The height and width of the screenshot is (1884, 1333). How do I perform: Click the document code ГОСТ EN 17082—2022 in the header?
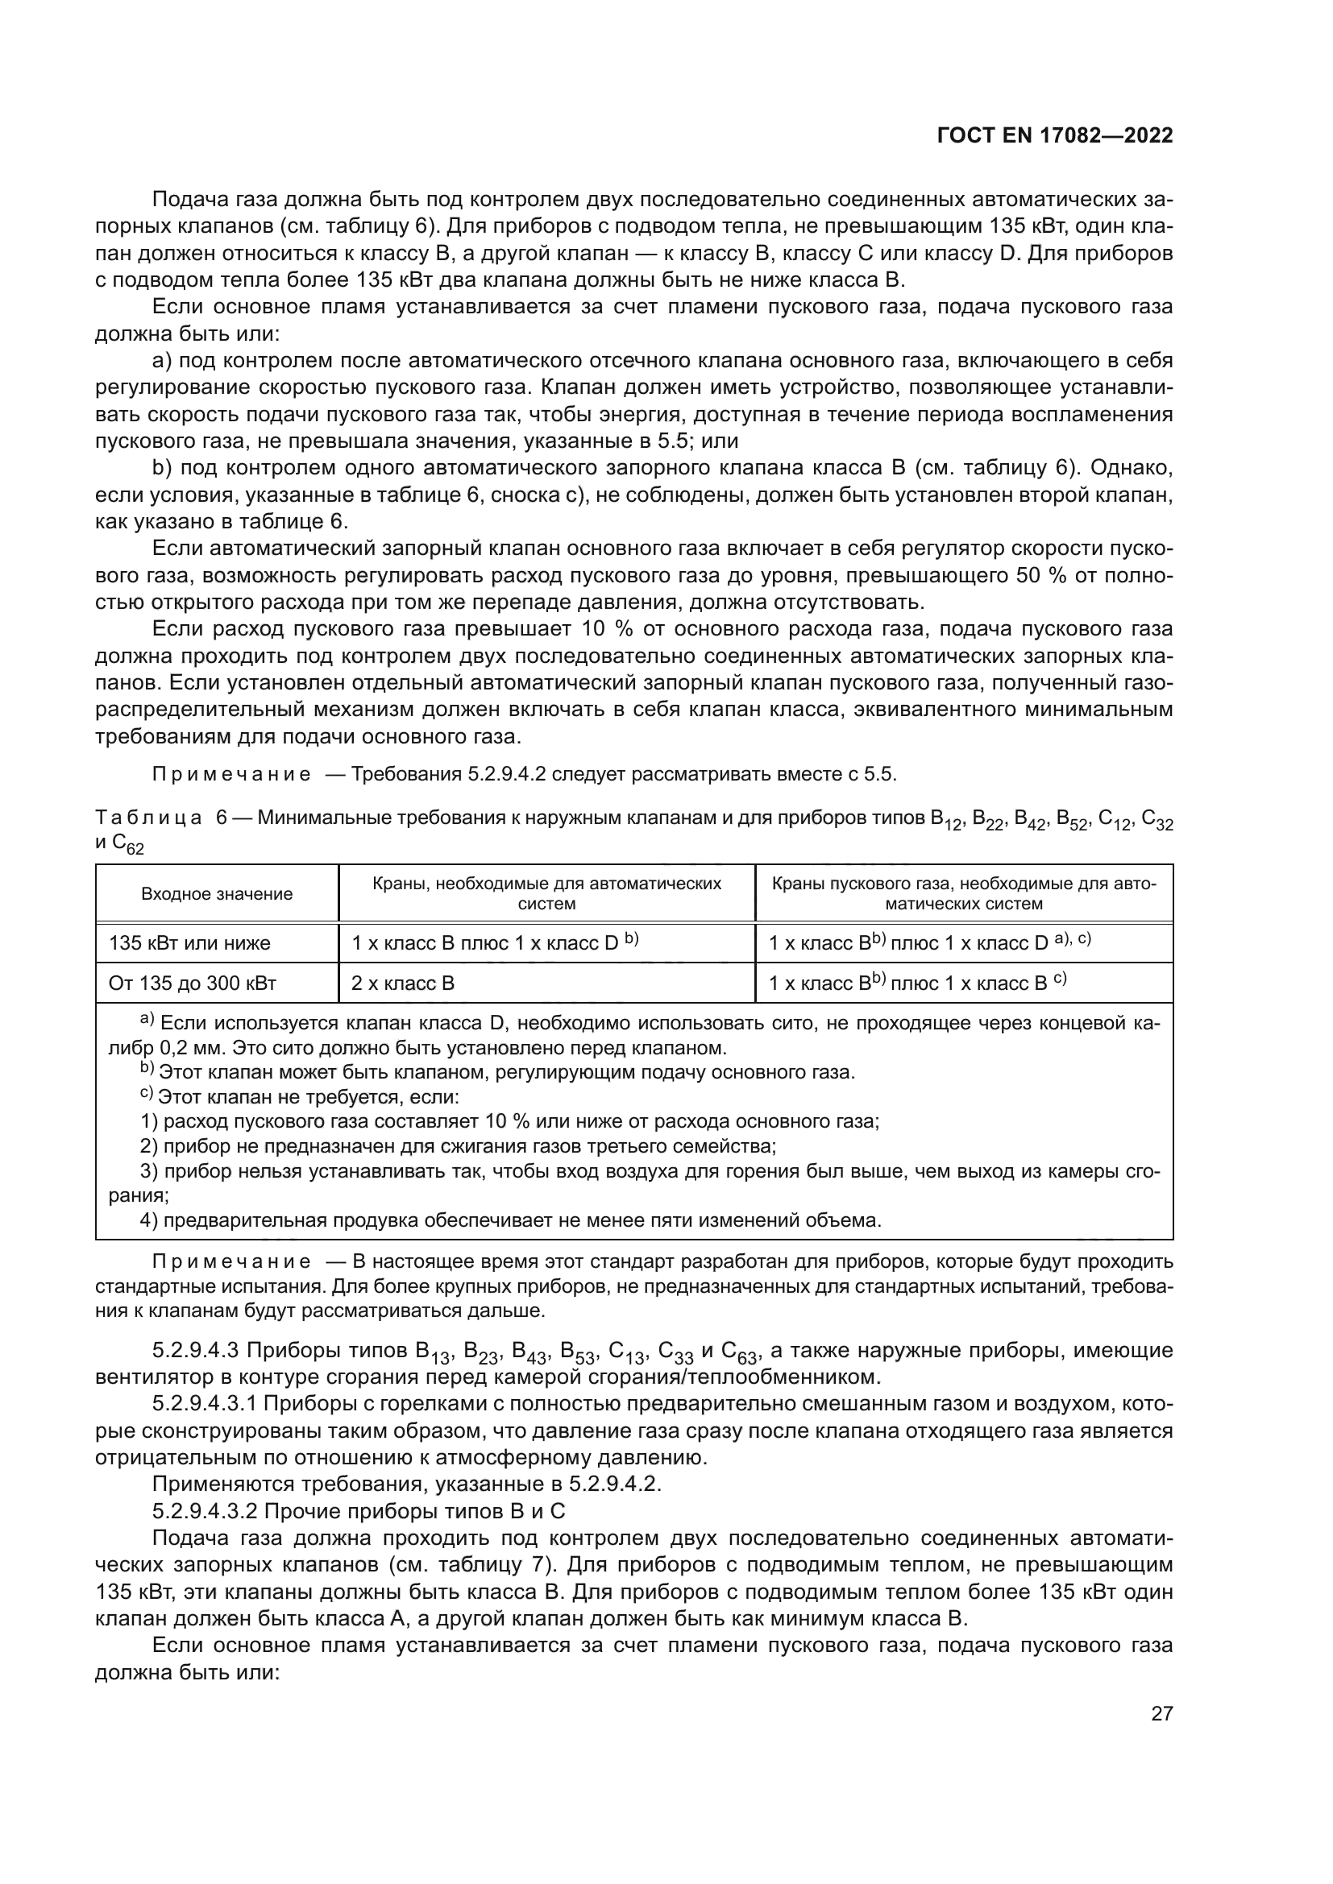[x=1054, y=136]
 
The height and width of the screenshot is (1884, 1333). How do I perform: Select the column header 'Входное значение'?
[x=217, y=893]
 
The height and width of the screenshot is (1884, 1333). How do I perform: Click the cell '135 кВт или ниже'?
[x=189, y=943]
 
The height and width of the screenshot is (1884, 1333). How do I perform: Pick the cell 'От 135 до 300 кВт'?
[x=192, y=983]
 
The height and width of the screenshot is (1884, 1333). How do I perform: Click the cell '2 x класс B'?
[x=402, y=983]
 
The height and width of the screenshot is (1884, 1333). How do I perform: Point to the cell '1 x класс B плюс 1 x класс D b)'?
[x=494, y=943]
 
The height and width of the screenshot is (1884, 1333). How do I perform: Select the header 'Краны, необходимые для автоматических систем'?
[x=546, y=893]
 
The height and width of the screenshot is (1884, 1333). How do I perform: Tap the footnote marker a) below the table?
[x=147, y=1021]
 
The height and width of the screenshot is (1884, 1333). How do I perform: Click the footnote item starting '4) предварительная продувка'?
[x=509, y=1220]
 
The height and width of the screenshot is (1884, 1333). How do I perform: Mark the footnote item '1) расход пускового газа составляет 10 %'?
[x=509, y=1122]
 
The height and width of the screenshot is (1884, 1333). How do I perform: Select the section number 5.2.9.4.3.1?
[x=205, y=1404]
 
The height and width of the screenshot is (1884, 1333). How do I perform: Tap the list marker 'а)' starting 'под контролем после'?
[x=162, y=361]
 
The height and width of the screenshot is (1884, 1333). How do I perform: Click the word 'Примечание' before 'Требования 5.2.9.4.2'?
[x=232, y=774]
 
